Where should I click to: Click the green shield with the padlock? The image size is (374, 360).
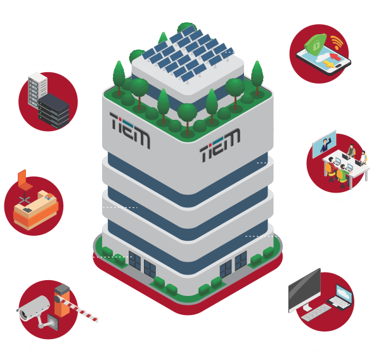(315, 44)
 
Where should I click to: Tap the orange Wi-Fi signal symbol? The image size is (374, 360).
(337, 42)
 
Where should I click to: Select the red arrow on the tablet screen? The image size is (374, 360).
(334, 57)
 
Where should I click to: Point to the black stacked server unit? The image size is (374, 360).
(54, 111)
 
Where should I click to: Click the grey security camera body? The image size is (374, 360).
(34, 308)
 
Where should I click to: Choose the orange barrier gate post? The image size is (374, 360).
(62, 300)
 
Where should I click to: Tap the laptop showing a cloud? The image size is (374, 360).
(340, 297)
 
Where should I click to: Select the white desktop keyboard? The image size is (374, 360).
(316, 313)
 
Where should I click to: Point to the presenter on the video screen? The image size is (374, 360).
(325, 145)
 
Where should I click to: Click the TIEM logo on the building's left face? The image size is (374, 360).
(129, 130)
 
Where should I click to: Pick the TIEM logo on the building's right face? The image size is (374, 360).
(220, 145)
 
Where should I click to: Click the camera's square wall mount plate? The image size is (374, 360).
(53, 322)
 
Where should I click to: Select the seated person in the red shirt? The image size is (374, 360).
(332, 167)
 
